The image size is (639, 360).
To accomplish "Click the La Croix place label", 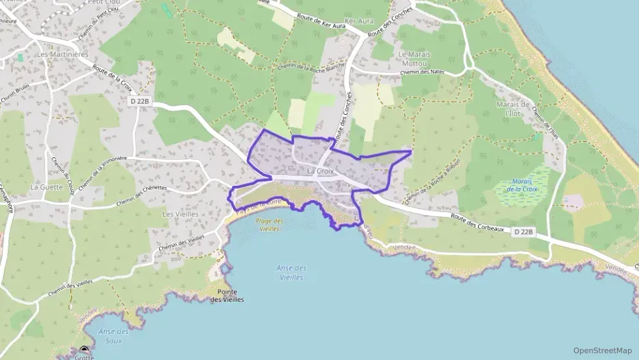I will click(x=320, y=171).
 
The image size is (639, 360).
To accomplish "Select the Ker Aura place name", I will click(x=360, y=21).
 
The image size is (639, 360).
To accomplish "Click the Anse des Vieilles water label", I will click(x=290, y=273).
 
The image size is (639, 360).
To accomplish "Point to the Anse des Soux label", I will click(x=113, y=335).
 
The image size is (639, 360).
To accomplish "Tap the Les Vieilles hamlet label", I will click(x=180, y=214).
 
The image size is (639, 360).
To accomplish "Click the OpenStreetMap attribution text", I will click(x=602, y=350).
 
